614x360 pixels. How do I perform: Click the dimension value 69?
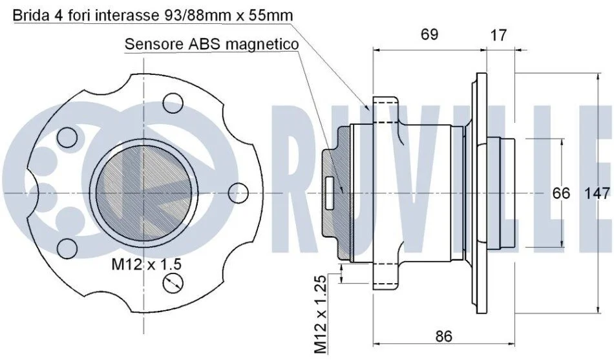(x=429, y=34)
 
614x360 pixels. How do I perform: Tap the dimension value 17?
(x=498, y=36)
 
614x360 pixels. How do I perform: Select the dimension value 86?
(x=443, y=336)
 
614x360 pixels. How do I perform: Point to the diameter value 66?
(x=561, y=193)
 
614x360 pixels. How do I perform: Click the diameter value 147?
(x=598, y=193)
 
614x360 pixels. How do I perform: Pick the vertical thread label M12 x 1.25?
(x=321, y=314)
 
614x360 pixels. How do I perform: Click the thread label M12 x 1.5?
(x=147, y=264)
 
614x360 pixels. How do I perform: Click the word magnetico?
(x=262, y=45)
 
